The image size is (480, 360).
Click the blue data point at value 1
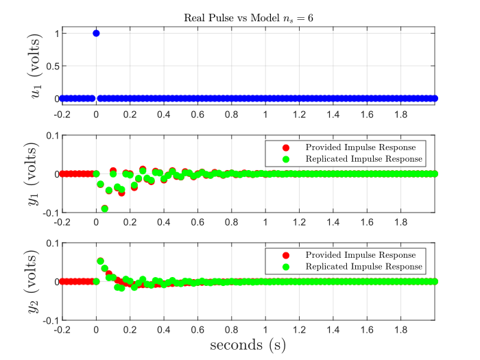click(96, 33)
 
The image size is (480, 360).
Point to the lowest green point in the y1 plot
click(105, 208)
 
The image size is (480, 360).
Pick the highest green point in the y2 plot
click(101, 261)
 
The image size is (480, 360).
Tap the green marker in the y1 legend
click(286, 159)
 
